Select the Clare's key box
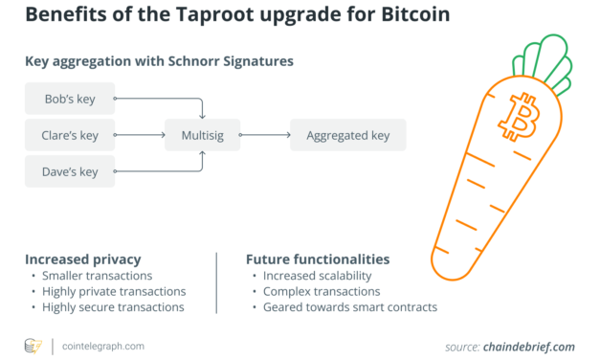pos(69,135)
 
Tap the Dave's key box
pos(69,172)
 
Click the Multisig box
pos(204,135)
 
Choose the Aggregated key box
pos(347,135)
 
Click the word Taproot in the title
pos(192,17)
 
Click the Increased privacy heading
pos(83,259)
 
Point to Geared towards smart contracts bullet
pos(345,307)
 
